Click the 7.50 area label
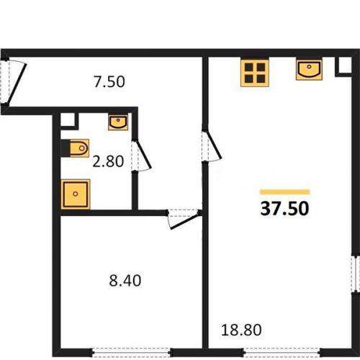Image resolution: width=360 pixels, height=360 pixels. (109, 81)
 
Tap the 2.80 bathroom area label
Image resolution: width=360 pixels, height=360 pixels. (108, 161)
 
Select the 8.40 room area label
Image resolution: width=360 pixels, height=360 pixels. (125, 281)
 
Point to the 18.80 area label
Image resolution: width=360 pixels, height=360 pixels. (241, 330)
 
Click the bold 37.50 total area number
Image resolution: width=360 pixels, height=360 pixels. (284, 208)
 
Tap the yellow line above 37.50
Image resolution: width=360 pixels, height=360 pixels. (285, 192)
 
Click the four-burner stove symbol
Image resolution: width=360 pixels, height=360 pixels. (255, 72)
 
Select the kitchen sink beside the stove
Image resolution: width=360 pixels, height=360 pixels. (309, 70)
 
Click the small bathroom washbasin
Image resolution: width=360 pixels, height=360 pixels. (118, 122)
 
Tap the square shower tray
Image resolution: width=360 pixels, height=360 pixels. (76, 194)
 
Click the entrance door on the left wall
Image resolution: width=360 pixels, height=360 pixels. (12, 81)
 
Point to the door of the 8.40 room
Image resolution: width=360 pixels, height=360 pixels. (184, 219)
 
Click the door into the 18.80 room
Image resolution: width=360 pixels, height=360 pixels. (210, 146)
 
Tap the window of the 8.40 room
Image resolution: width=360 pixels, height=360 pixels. (131, 353)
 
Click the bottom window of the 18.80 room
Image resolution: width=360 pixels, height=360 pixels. (282, 353)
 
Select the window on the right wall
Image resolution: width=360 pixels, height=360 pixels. (356, 274)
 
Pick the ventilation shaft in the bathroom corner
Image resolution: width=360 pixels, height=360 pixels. (68, 120)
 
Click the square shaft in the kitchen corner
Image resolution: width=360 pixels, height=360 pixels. (343, 66)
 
